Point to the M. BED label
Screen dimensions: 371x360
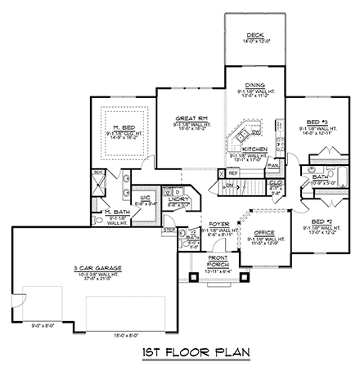click(x=124, y=127)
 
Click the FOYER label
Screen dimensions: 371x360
click(x=218, y=221)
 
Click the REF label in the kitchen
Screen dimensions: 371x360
click(x=233, y=173)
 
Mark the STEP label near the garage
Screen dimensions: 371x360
click(x=169, y=231)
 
